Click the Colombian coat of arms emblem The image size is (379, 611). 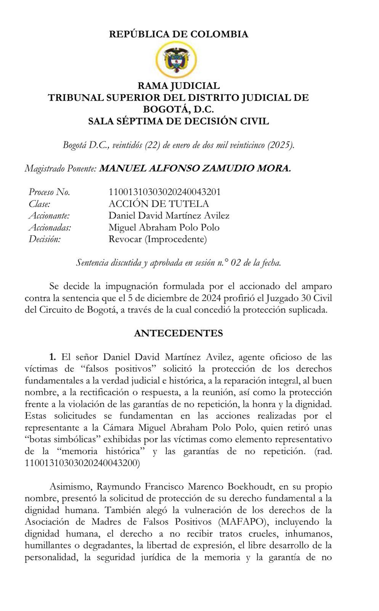177,60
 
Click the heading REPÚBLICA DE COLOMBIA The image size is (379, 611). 178,34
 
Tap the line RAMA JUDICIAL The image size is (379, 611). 178,86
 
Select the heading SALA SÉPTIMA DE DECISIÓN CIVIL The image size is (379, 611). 178,121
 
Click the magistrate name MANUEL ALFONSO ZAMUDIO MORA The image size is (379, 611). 195,168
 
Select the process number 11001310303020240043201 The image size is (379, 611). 164,192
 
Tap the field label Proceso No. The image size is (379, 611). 50,192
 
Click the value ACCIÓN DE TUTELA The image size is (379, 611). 159,204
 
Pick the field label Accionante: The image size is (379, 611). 50,216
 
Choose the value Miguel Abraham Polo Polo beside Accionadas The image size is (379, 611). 164,228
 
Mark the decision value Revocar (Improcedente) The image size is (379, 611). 157,239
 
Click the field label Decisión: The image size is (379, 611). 45,239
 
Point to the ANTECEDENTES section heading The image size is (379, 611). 178,333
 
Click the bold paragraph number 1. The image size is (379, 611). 53,357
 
